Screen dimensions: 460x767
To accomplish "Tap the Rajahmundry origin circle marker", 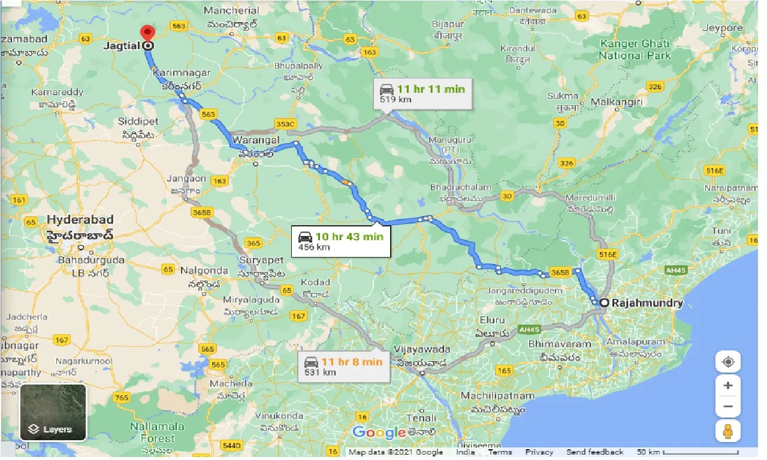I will pos(604,303).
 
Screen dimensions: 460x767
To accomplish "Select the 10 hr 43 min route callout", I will pos(340,241).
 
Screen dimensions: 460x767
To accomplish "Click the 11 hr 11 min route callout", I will pos(422,93).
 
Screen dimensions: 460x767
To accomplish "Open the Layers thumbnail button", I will pos(53,413).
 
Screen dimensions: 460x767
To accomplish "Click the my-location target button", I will pos(728,362).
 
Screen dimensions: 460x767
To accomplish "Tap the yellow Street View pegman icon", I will pos(728,431).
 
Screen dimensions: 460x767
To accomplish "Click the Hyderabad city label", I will pos(80,219).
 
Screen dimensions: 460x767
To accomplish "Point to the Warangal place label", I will pos(256,140).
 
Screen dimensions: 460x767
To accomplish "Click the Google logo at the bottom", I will pos(379,432).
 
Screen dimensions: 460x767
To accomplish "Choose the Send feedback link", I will pos(594,452).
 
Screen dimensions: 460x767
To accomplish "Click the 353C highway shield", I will pos(285,124).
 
